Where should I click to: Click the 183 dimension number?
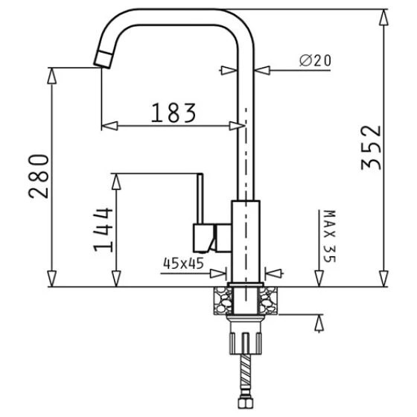click(174, 112)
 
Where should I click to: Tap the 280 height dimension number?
click(39, 176)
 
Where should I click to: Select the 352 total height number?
click(372, 147)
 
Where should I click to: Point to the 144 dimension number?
click(103, 229)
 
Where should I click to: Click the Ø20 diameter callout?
click(315, 60)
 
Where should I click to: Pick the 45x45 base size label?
click(183, 264)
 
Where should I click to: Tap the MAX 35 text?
click(330, 236)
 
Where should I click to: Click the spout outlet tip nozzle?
click(103, 60)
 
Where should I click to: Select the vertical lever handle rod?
click(200, 198)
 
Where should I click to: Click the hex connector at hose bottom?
click(245, 403)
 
